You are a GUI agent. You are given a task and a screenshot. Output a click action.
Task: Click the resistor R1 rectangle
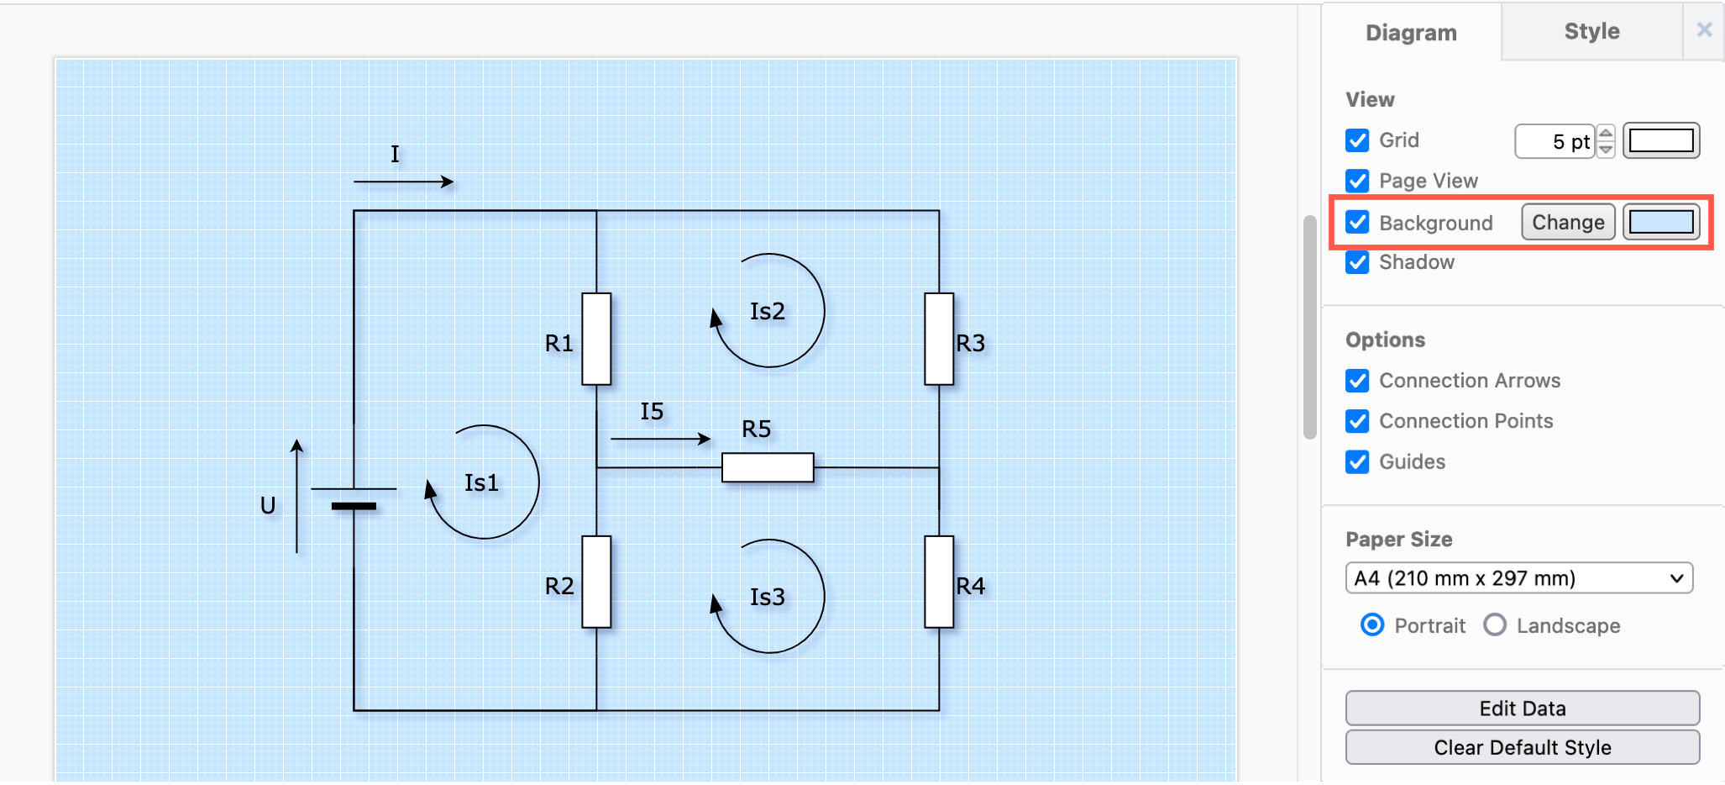596,339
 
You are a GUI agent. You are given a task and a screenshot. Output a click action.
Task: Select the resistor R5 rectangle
768,467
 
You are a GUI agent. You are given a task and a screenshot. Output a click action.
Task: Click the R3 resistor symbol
939,339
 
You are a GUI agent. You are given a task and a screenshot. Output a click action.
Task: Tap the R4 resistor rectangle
939,582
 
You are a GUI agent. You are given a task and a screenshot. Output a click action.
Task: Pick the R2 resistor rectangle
596,582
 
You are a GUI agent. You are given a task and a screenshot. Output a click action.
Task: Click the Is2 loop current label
767,312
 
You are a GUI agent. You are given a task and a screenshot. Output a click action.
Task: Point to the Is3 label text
767,598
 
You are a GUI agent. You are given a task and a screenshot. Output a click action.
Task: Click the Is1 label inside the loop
481,483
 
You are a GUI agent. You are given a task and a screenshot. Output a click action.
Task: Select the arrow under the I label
403,182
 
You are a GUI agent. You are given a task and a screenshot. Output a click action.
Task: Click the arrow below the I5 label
660,439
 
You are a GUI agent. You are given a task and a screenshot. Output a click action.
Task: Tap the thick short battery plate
354,506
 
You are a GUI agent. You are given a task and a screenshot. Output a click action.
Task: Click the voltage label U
268,506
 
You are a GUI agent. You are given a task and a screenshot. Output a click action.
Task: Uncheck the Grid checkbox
1357,140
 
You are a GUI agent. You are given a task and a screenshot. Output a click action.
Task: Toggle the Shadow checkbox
1357,262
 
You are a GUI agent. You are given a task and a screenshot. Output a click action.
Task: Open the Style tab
1591,32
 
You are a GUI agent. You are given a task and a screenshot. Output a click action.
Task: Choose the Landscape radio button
1495,625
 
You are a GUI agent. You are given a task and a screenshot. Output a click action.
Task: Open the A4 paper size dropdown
1518,578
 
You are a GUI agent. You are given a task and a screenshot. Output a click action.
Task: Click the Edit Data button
1522,709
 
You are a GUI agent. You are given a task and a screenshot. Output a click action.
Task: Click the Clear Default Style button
1522,747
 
